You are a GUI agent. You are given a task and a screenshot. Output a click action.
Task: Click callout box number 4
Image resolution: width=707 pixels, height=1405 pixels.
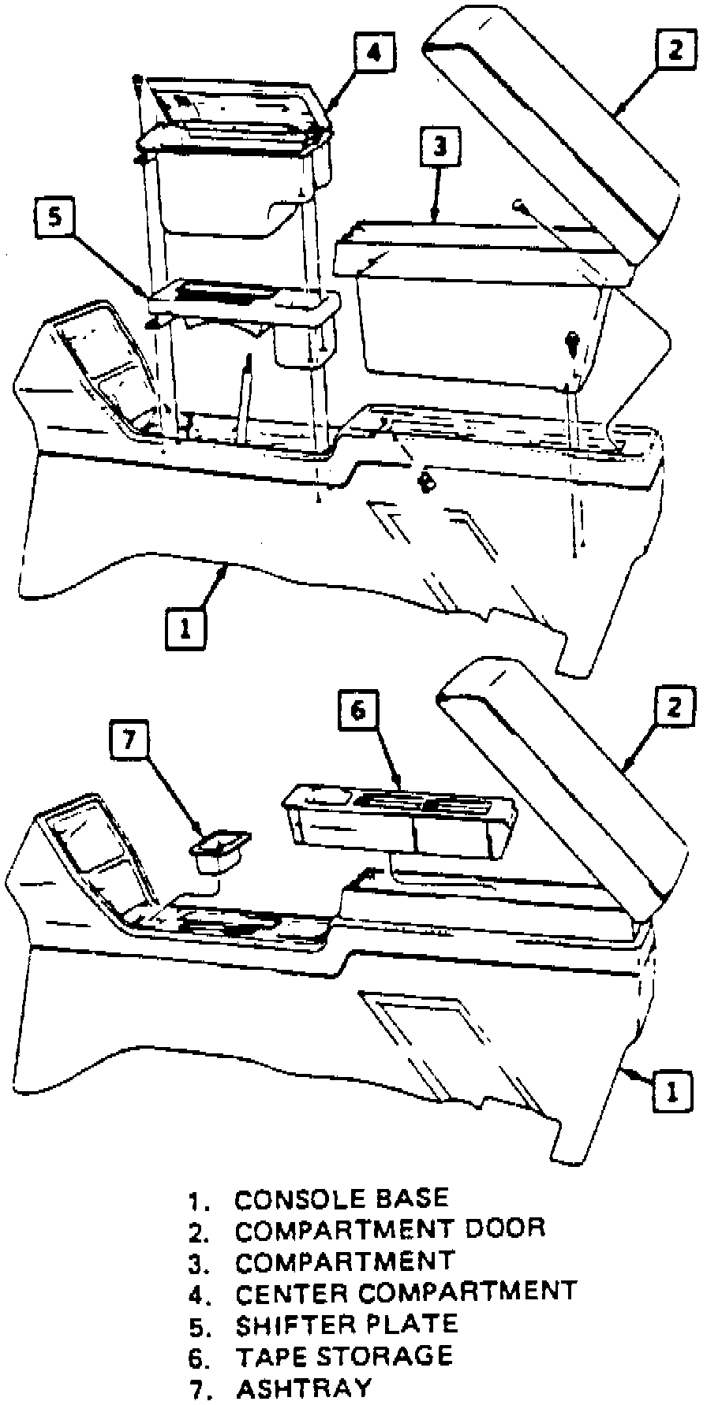(x=373, y=53)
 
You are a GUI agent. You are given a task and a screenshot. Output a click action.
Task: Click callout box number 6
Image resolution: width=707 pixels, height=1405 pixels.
(x=358, y=711)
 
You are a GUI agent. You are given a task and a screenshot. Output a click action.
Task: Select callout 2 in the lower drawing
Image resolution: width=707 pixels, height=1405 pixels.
(x=672, y=707)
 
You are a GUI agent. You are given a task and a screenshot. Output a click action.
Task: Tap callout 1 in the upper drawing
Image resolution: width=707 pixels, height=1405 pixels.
(x=185, y=628)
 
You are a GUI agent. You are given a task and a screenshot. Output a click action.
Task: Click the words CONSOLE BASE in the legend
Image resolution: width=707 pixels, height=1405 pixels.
(x=342, y=1199)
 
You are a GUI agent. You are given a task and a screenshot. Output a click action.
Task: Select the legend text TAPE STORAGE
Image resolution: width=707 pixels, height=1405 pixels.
(x=344, y=1355)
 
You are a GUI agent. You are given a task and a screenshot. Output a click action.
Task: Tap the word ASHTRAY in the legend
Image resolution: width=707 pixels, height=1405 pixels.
(x=303, y=1388)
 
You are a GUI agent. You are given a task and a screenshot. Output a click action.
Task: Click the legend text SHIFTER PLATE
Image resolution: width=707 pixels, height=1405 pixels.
(x=346, y=1324)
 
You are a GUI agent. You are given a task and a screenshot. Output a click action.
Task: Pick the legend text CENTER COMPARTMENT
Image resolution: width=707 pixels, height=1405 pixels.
(x=406, y=1292)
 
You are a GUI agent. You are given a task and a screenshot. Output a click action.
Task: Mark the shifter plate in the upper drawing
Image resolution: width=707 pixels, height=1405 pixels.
(x=245, y=300)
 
